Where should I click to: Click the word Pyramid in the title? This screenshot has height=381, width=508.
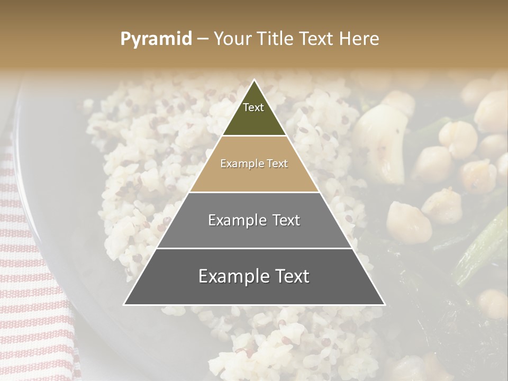coord(156,39)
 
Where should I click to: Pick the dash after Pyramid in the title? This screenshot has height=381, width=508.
coord(202,39)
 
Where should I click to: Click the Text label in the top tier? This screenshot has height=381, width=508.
coord(253,107)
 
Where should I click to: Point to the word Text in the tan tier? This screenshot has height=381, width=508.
coord(277,164)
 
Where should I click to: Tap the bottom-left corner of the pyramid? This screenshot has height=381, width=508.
coord(124,304)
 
